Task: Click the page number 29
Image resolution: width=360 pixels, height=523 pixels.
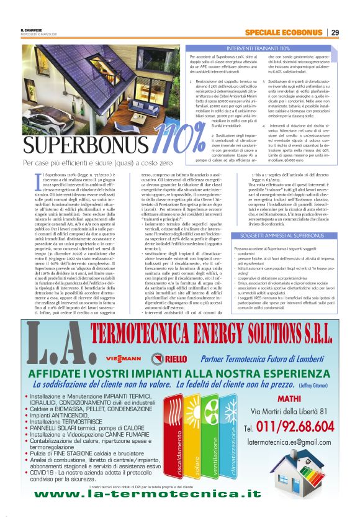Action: [335, 32]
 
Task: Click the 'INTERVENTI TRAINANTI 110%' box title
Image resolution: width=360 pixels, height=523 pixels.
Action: [258, 47]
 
